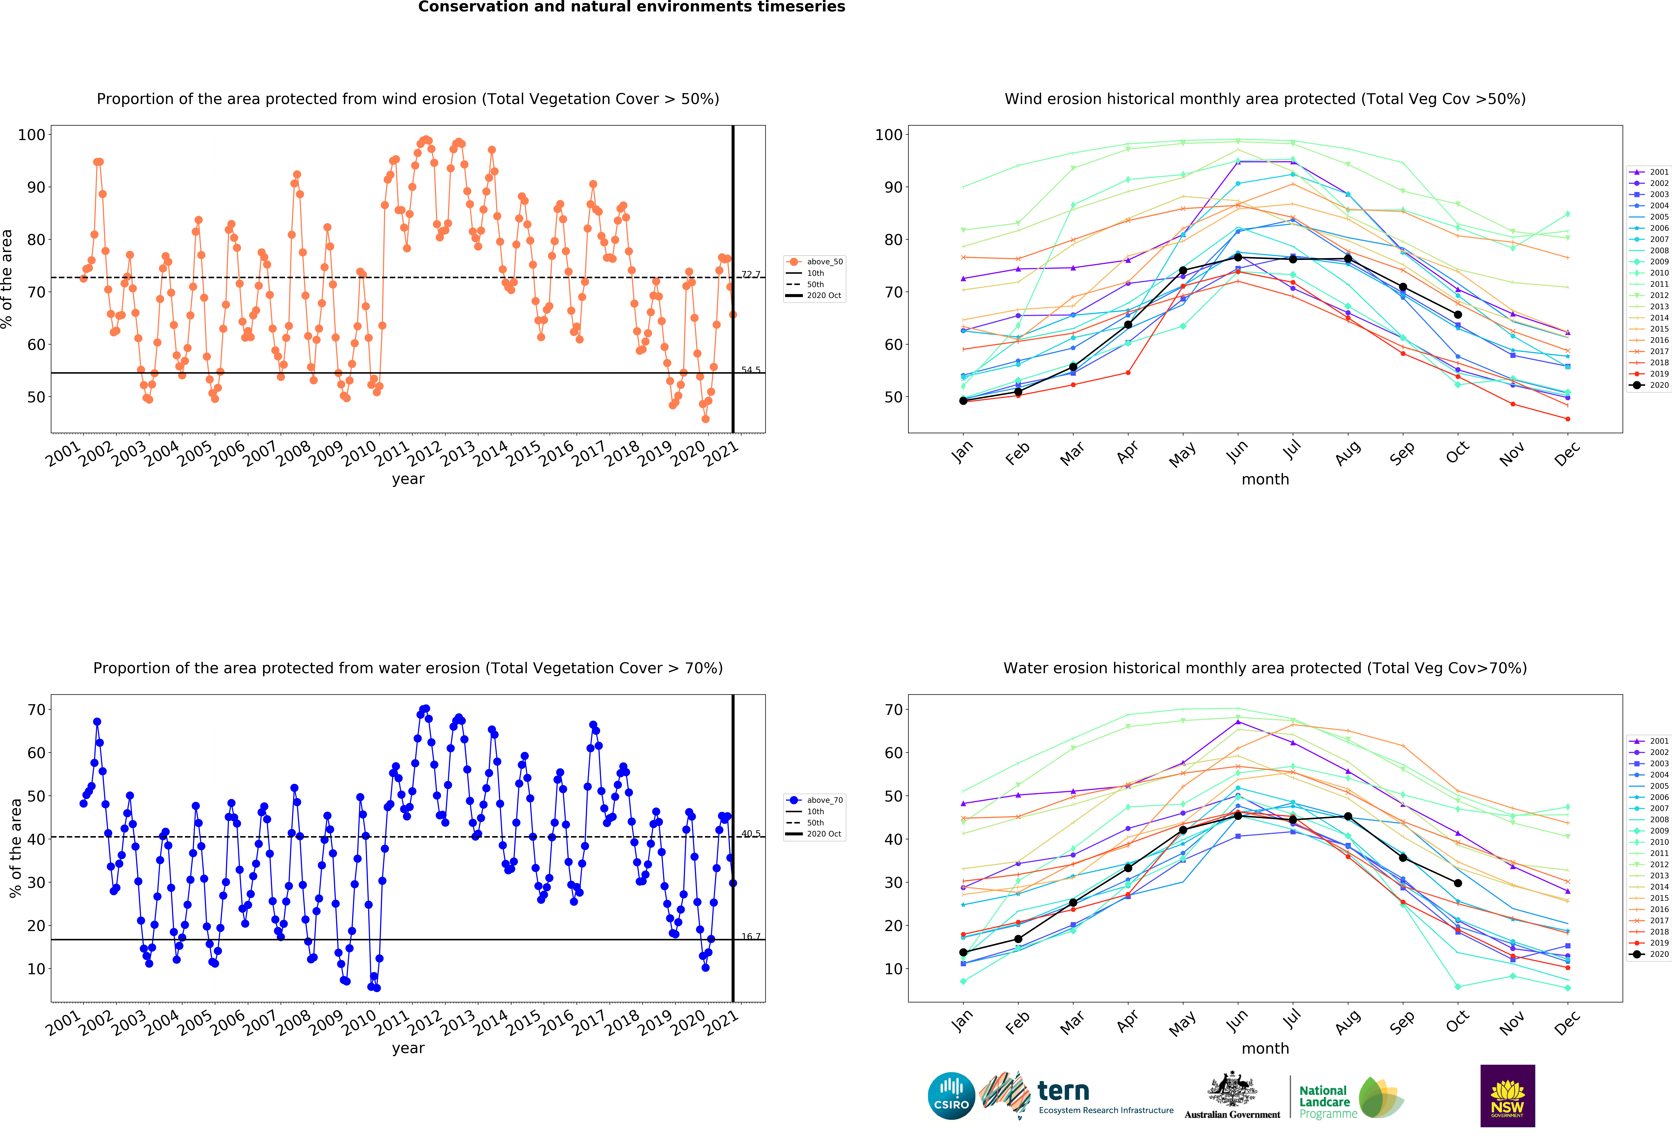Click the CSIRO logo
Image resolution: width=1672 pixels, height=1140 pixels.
[x=951, y=1096]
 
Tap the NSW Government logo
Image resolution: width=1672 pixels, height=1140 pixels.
[x=1507, y=1095]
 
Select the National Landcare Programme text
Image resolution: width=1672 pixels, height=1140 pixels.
[x=1327, y=1102]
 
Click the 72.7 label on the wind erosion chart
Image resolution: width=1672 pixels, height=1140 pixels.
[x=750, y=274]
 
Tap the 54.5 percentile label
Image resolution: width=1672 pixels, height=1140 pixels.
[x=750, y=370]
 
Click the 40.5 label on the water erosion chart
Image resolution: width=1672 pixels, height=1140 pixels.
[x=750, y=833]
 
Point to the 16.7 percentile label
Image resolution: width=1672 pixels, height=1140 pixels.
[x=750, y=936]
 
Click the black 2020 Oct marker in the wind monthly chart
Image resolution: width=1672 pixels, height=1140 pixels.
[x=1458, y=315]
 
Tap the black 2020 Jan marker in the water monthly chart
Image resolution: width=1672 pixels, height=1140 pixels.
[x=963, y=952]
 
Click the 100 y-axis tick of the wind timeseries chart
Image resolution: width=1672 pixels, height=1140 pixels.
[x=32, y=135]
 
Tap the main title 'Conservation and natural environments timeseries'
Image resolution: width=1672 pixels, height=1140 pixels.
[x=632, y=7]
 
